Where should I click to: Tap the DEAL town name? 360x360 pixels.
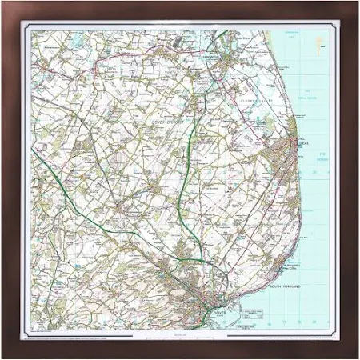click(302, 144)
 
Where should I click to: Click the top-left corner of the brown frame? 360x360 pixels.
click(3, 3)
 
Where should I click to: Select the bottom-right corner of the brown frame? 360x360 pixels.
click(357, 357)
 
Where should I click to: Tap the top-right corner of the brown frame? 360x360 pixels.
click(357, 3)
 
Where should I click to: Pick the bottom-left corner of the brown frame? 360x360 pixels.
click(3, 357)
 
